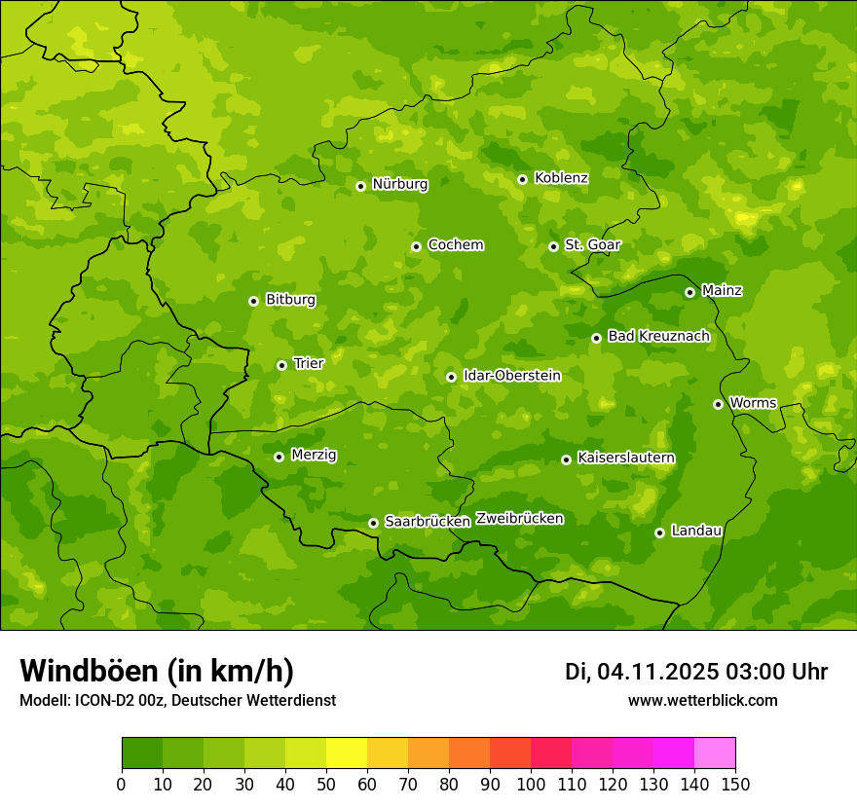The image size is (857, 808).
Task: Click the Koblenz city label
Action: pyautogui.click(x=561, y=178)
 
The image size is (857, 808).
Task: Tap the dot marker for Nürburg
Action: pyautogui.click(x=360, y=186)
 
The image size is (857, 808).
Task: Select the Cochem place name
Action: pyautogui.click(x=455, y=244)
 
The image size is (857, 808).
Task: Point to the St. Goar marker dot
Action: pyautogui.click(x=553, y=246)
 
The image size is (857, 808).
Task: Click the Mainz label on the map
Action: pyautogui.click(x=722, y=290)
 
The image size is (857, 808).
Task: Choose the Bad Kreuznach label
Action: pyautogui.click(x=658, y=336)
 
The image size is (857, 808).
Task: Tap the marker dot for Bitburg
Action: pyautogui.click(x=253, y=301)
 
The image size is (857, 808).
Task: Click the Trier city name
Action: pyautogui.click(x=309, y=363)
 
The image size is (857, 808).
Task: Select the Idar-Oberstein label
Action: pyautogui.click(x=511, y=375)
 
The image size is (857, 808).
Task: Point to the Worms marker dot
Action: pyautogui.click(x=718, y=404)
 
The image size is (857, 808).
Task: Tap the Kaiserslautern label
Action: pyautogui.click(x=626, y=458)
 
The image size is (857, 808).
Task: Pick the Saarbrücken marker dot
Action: pyautogui.click(x=373, y=523)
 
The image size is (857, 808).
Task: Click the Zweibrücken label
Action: pyautogui.click(x=519, y=519)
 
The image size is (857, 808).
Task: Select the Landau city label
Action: pyautogui.click(x=696, y=531)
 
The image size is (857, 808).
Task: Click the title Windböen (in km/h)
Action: pyautogui.click(x=157, y=671)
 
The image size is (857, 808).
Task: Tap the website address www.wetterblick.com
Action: pyautogui.click(x=702, y=700)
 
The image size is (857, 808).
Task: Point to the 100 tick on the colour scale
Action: pyautogui.click(x=531, y=784)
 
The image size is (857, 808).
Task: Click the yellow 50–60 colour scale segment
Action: pyautogui.click(x=347, y=753)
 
